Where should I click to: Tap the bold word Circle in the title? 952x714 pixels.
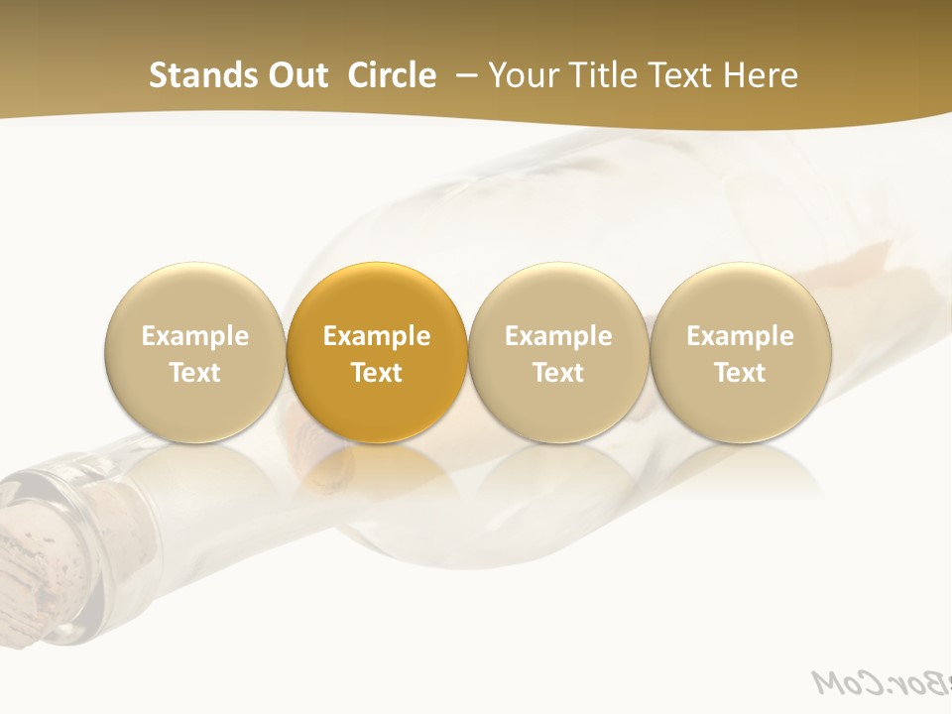click(x=392, y=75)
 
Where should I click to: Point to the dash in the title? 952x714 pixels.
click(x=464, y=75)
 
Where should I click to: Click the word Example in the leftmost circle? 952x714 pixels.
click(x=194, y=336)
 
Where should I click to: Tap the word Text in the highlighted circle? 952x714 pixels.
click(x=377, y=373)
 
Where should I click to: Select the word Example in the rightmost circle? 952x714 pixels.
click(x=740, y=336)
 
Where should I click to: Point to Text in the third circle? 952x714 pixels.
click(x=558, y=373)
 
